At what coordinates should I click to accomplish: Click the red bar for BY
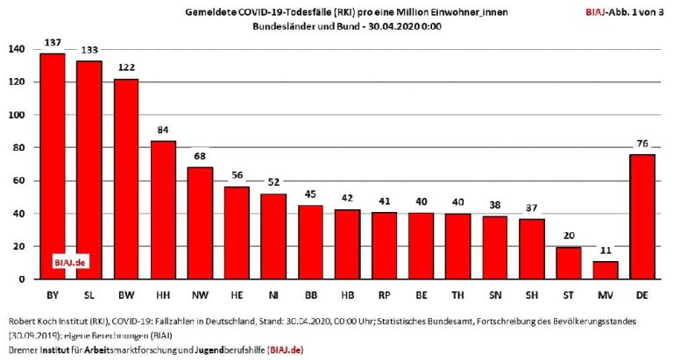pyautogui.click(x=53, y=166)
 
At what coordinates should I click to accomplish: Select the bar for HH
pyautogui.click(x=164, y=210)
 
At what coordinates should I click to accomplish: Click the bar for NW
pyautogui.click(x=201, y=222)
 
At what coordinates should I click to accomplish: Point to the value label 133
pyautogui.click(x=89, y=49)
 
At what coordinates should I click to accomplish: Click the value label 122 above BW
pyautogui.click(x=126, y=67)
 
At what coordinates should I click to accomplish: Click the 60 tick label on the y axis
pyautogui.click(x=18, y=181)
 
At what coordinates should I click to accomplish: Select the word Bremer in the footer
pyautogui.click(x=18, y=350)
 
